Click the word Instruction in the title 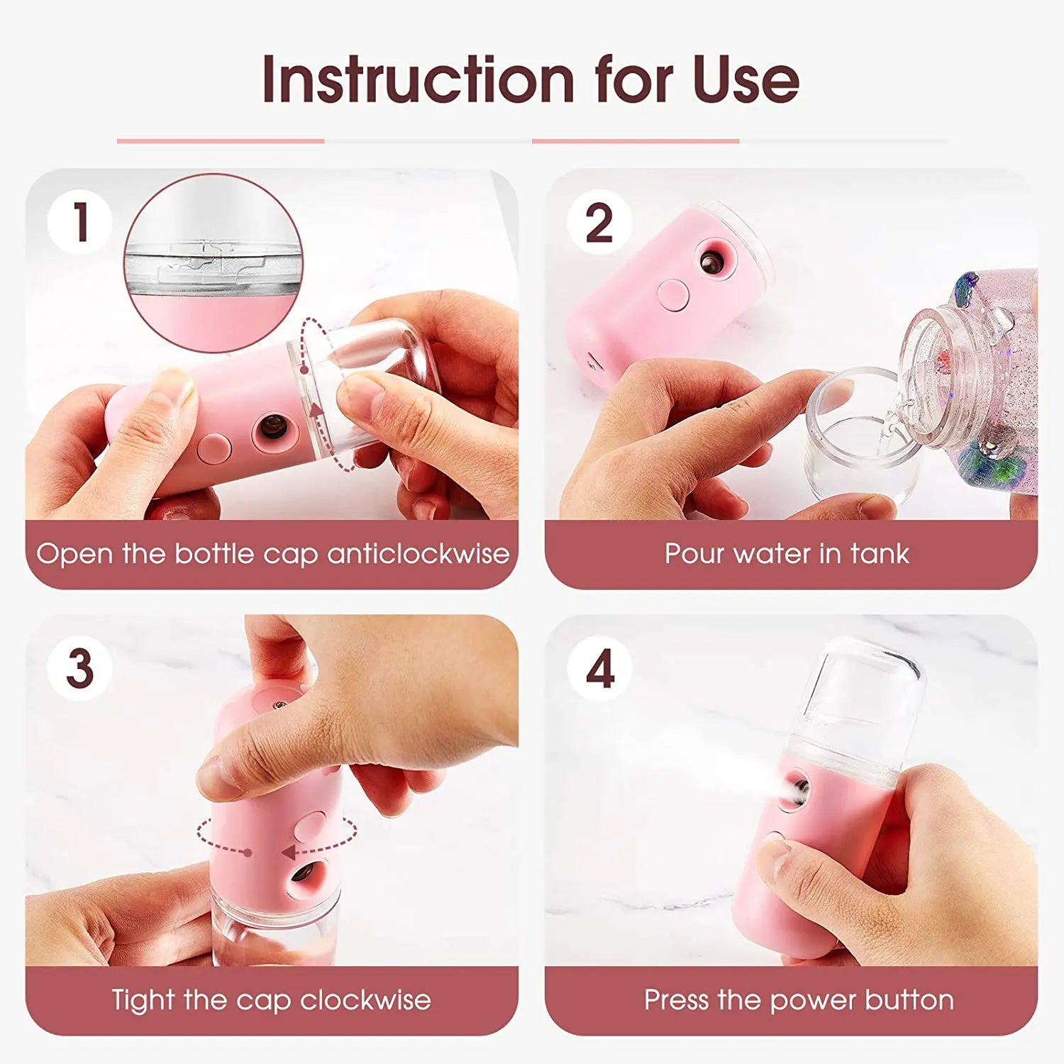pyautogui.click(x=418, y=79)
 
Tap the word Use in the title pyautogui.click(x=746, y=79)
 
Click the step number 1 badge pyautogui.click(x=79, y=222)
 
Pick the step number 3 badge pyautogui.click(x=79, y=668)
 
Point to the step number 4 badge pyautogui.click(x=599, y=668)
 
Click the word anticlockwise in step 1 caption pyautogui.click(x=418, y=554)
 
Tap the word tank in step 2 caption pyautogui.click(x=880, y=554)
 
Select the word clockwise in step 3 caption pyautogui.click(x=365, y=1000)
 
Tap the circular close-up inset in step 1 pyautogui.click(x=214, y=262)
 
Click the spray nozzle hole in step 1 pyautogui.click(x=270, y=426)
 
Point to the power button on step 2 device pyautogui.click(x=673, y=295)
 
